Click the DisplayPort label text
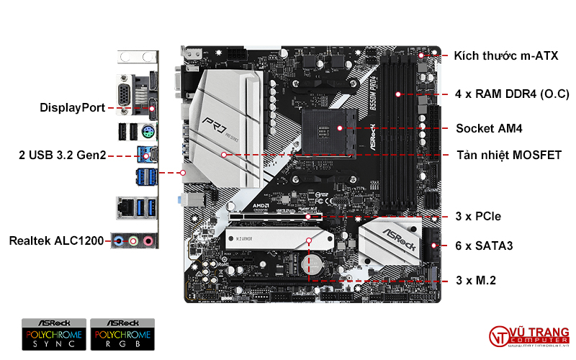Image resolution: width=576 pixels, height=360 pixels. (72, 108)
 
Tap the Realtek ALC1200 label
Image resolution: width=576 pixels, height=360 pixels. (56, 240)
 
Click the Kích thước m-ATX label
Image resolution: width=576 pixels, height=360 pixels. (506, 55)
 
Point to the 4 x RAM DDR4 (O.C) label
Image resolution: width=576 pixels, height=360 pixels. (512, 94)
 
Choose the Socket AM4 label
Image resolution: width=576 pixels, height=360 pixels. (489, 129)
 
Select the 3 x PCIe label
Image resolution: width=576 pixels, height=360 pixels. (478, 216)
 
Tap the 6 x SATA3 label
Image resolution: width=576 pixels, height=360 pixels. (484, 246)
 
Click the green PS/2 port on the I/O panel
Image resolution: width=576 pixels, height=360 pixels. (147, 132)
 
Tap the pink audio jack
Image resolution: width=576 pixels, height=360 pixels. (148, 241)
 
